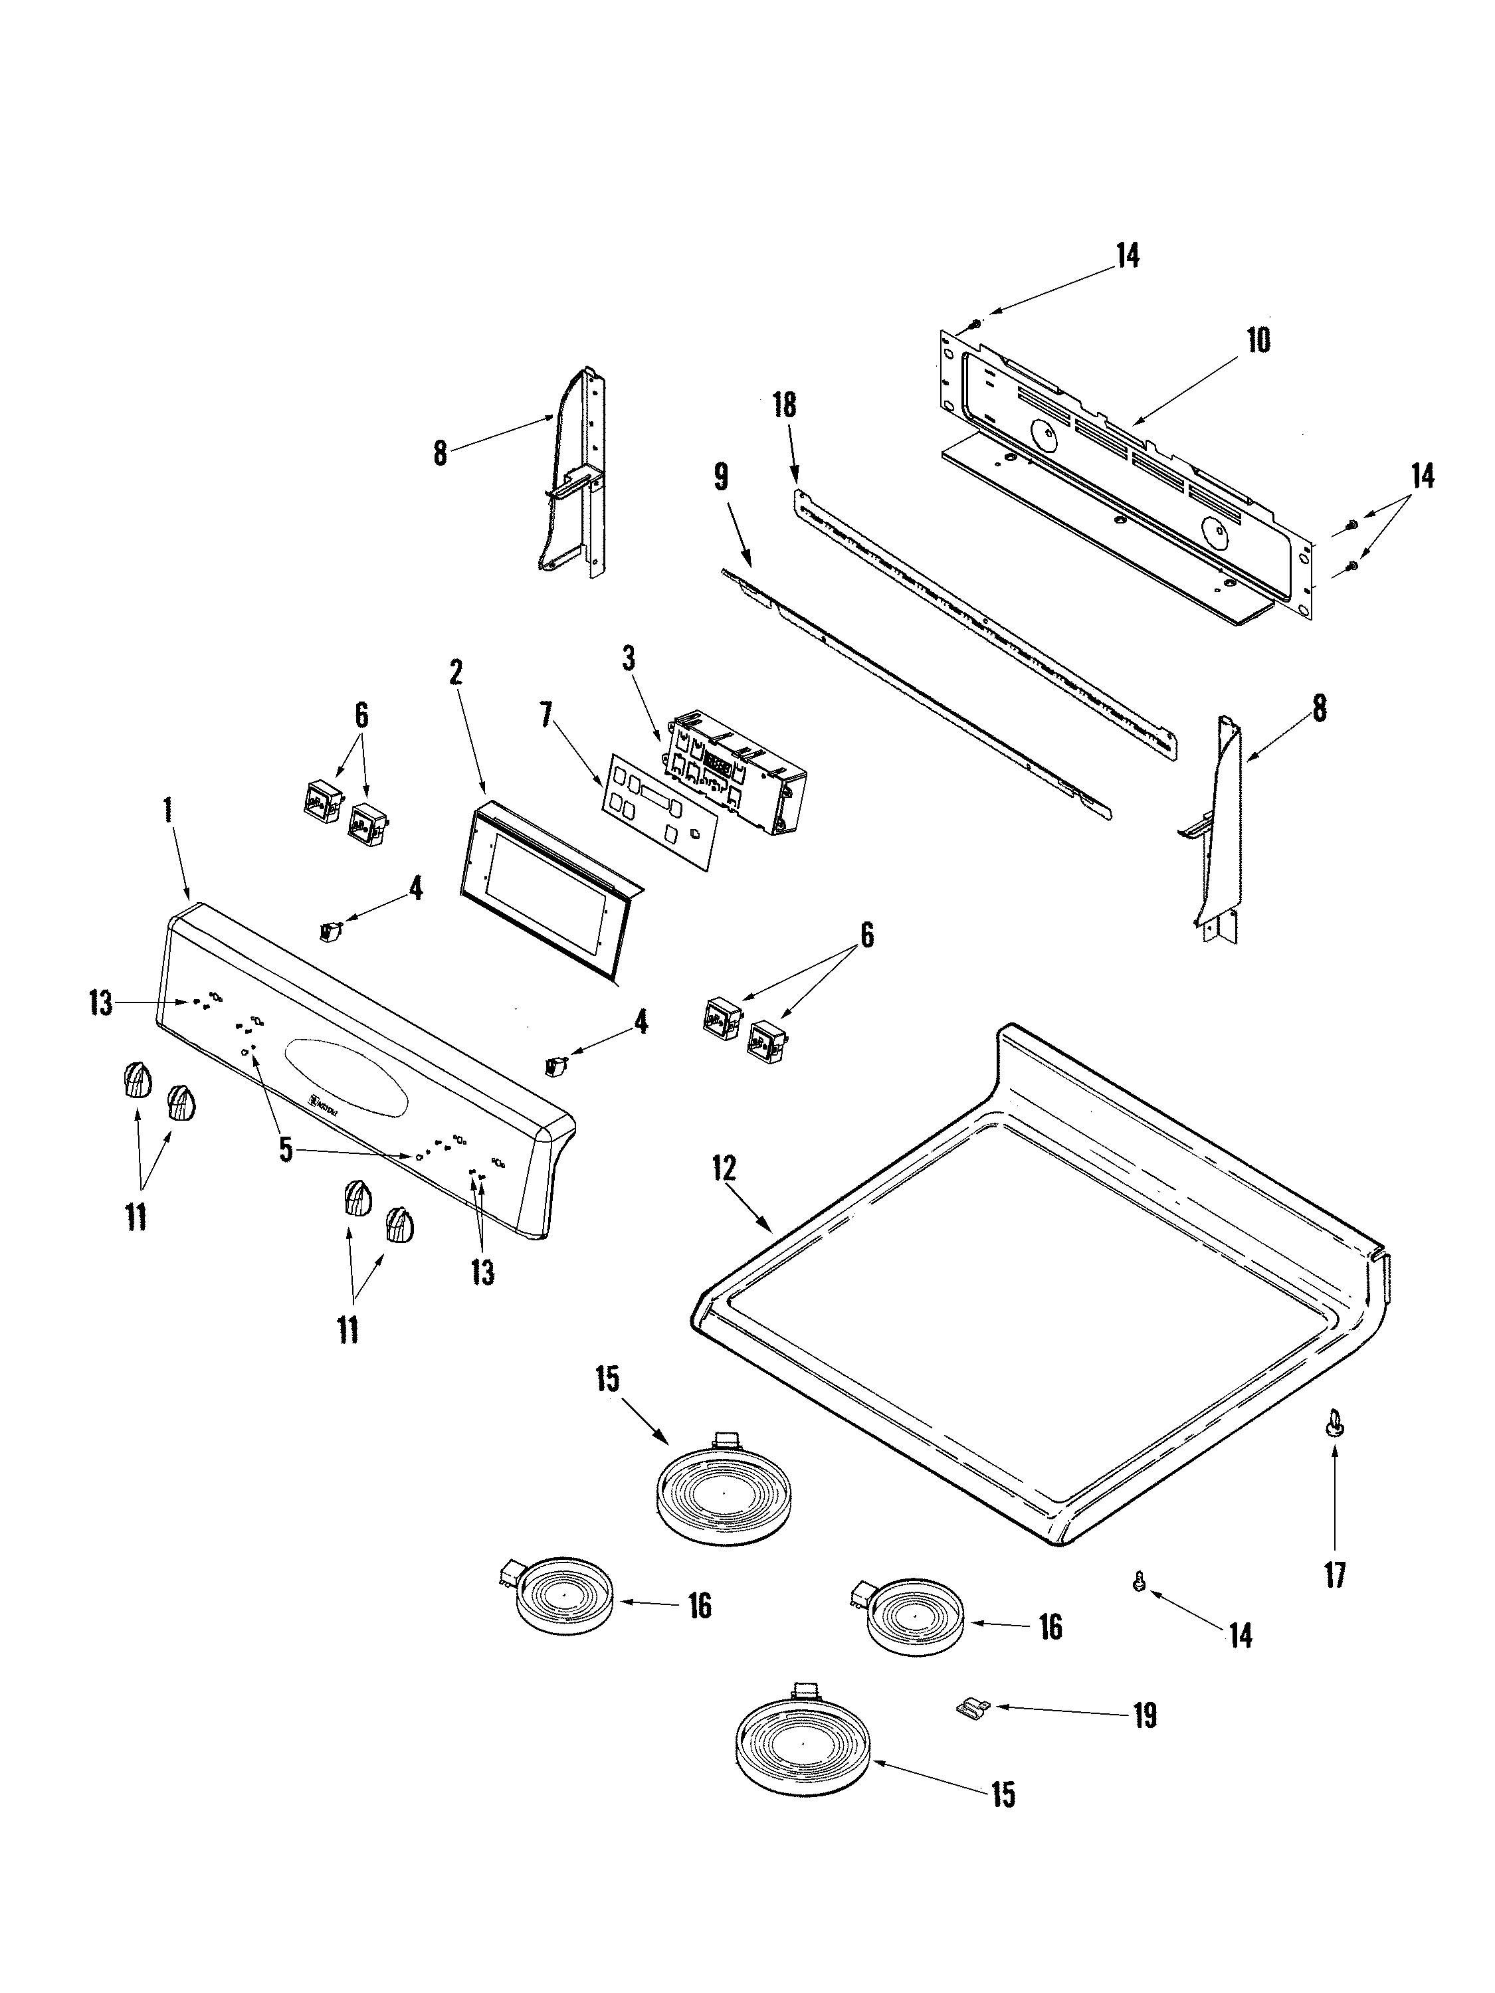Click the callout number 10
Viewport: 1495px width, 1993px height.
(x=1257, y=341)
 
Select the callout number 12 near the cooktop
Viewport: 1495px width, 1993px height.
(x=724, y=1169)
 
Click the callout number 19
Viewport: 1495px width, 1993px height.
(x=1144, y=1717)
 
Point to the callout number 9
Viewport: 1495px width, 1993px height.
(x=721, y=478)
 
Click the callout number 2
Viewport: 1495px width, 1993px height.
(x=456, y=671)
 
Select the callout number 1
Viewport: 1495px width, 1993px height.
(x=167, y=808)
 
